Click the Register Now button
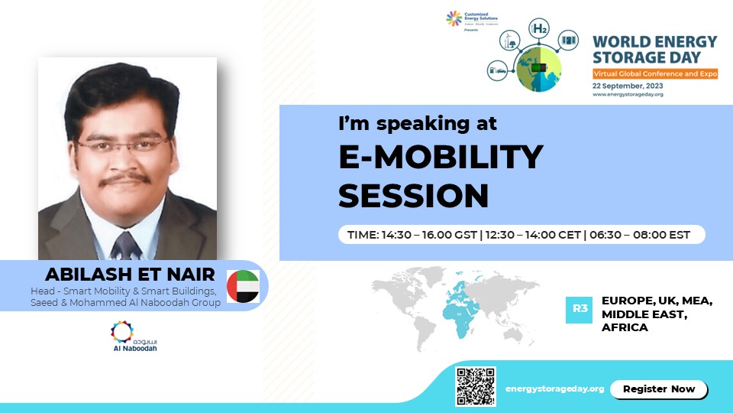659,389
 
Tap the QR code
476,386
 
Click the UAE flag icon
243,286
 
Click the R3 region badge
579,310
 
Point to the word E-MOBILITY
441,158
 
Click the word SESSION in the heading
413,196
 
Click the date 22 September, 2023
627,86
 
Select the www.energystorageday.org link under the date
627,96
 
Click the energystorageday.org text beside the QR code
554,389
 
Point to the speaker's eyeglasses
124,145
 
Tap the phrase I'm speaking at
418,122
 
